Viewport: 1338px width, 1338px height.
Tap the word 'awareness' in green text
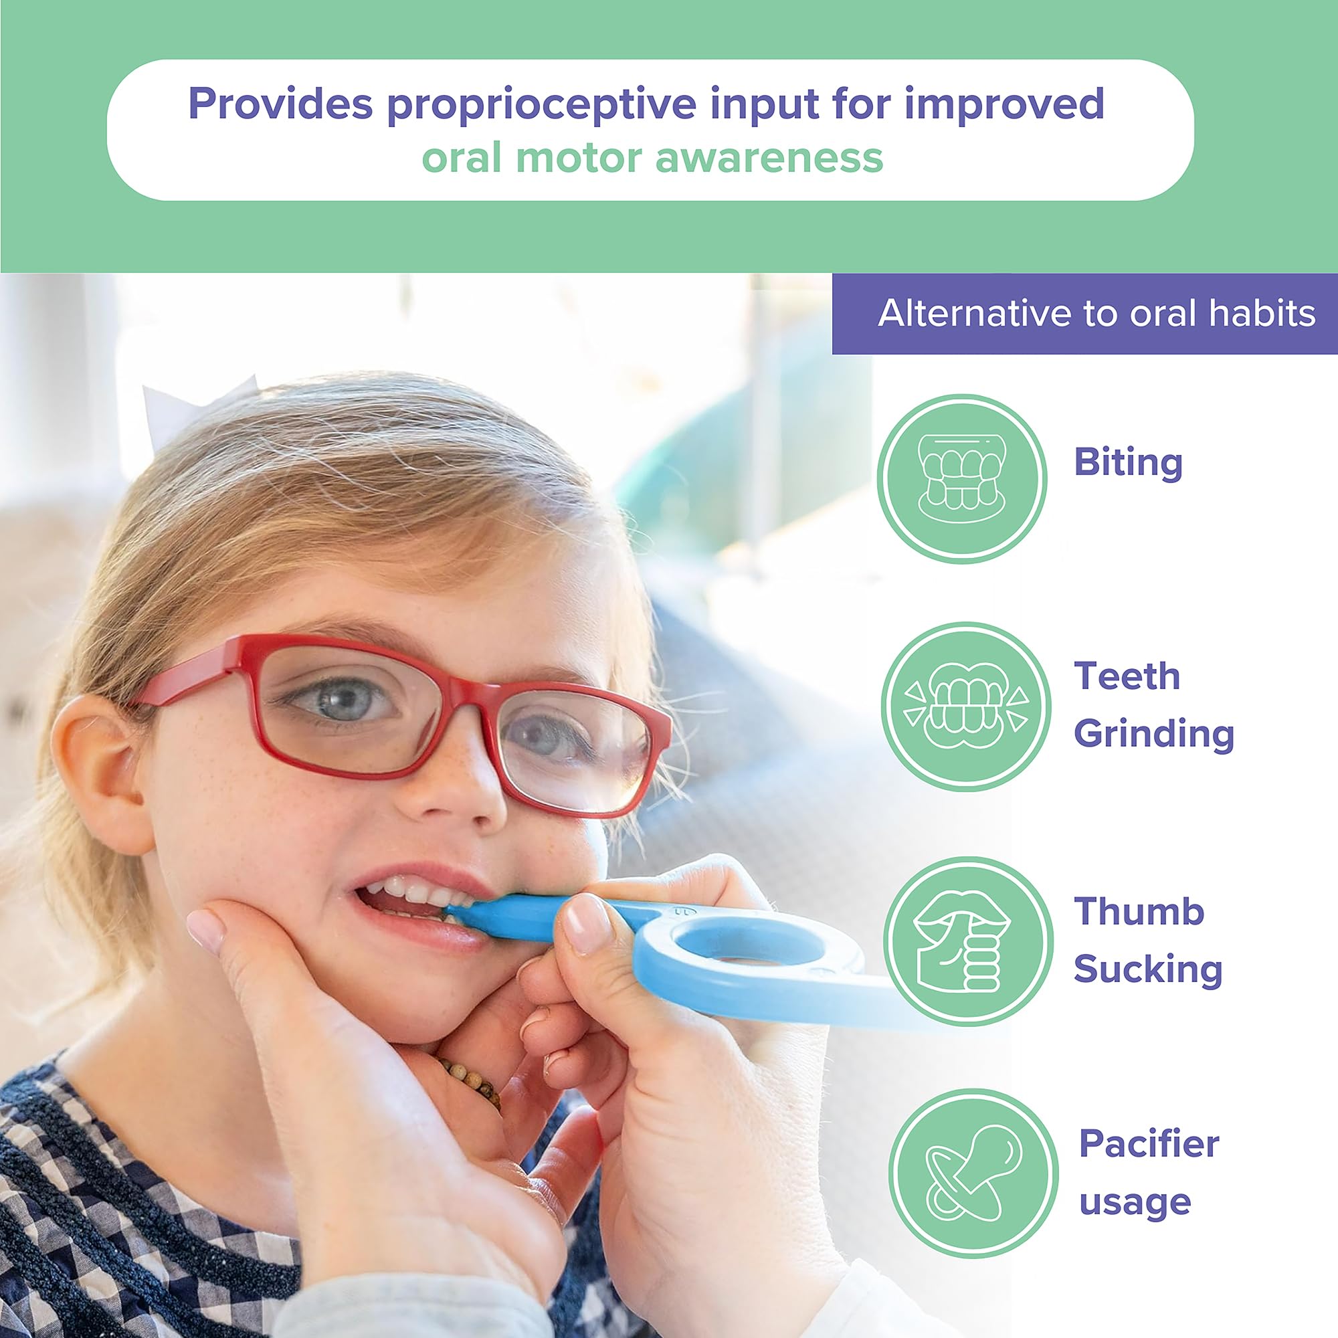click(x=769, y=158)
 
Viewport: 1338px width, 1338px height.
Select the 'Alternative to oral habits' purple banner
click(x=1084, y=314)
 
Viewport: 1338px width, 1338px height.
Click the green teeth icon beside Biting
click(x=962, y=479)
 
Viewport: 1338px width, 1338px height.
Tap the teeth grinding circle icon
click(x=966, y=706)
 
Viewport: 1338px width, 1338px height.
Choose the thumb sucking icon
click(x=968, y=941)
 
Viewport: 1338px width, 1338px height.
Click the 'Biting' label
click(x=1128, y=464)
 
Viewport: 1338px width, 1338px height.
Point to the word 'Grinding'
click(x=1154, y=734)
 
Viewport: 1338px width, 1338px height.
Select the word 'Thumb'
click(x=1139, y=911)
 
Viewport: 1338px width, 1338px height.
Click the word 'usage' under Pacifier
click(x=1135, y=1203)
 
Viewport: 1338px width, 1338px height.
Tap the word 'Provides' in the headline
click(x=280, y=104)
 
